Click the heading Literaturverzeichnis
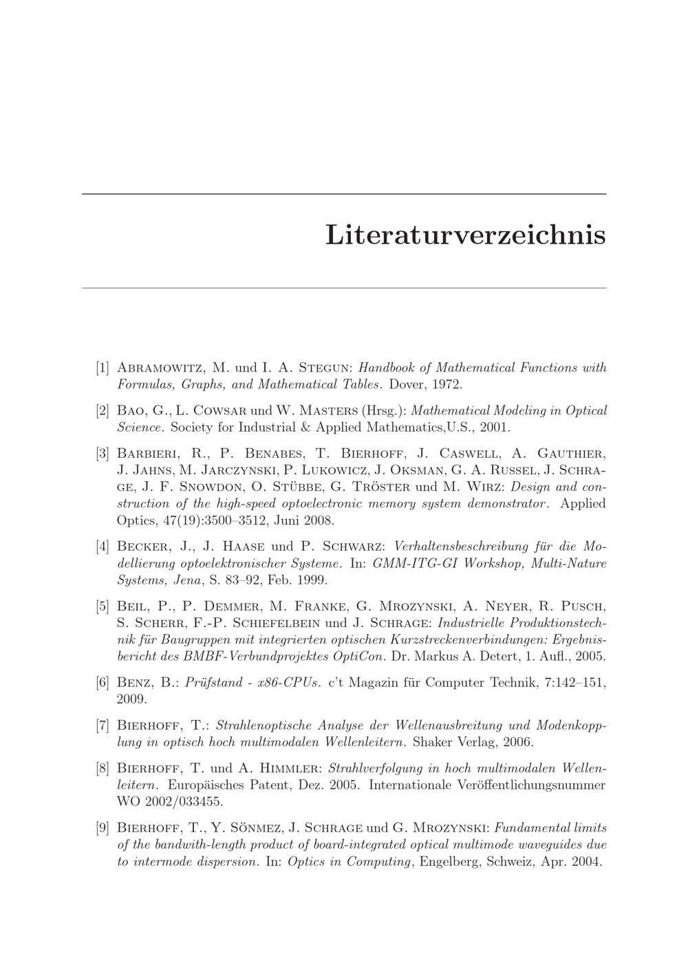tap(465, 234)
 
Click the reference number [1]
tap(103, 368)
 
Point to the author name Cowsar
tap(206, 411)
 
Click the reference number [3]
tap(103, 454)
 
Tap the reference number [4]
tap(103, 547)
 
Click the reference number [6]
tap(103, 683)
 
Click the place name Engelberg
tap(449, 861)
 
